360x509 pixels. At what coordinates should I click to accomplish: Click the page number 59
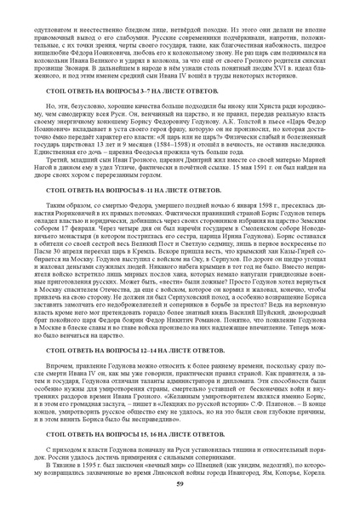coord(180,483)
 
